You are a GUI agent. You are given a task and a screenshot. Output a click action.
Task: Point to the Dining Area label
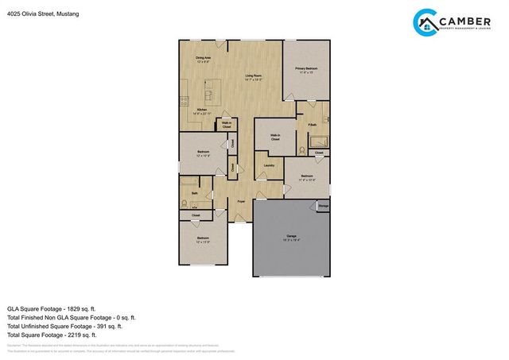pyautogui.click(x=204, y=59)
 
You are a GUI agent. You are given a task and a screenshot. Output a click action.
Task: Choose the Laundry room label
pyautogui.click(x=269, y=165)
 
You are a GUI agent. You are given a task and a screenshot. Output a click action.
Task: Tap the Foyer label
pyautogui.click(x=241, y=203)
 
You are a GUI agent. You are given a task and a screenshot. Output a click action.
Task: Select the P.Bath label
pyautogui.click(x=302, y=125)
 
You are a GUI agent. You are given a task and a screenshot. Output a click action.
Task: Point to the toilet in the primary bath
pyautogui.click(x=302, y=149)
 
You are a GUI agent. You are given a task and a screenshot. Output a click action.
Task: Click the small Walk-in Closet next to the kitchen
pyautogui.click(x=226, y=125)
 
